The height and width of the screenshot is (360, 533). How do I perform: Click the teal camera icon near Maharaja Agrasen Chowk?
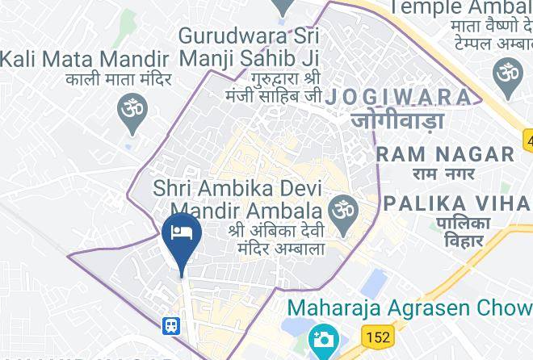[323, 337]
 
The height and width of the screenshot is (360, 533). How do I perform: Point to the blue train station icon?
[171, 325]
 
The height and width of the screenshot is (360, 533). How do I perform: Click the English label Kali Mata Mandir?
[84, 59]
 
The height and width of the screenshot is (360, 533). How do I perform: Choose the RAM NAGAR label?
[445, 153]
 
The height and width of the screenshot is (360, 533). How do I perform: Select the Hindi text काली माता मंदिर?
[120, 79]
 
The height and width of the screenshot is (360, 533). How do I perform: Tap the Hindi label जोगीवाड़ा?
[397, 121]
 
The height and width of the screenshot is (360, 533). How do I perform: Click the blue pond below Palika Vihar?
[373, 283]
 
